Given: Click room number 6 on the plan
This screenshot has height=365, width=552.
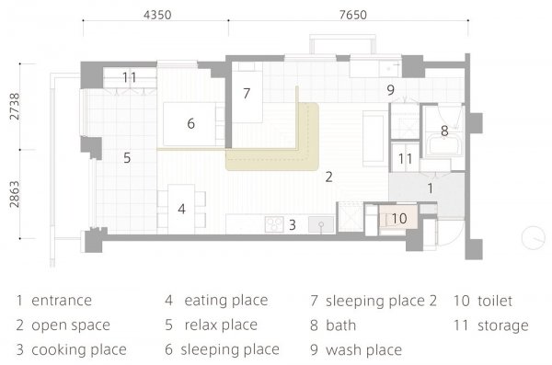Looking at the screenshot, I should point(190,123).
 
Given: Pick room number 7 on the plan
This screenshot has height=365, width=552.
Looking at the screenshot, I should point(247,93).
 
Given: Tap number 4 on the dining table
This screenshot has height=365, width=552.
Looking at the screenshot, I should point(181,209).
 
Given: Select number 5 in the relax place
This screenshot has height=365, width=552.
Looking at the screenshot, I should point(127,158).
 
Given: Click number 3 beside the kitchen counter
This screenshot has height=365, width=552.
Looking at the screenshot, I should point(292,223).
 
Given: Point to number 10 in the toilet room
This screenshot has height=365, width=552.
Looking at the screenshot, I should point(397,219).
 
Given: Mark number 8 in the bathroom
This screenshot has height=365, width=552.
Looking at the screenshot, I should point(443,131).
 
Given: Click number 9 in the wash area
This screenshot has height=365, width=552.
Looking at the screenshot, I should point(390,90).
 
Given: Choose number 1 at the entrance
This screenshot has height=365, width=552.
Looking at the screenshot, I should point(429,187).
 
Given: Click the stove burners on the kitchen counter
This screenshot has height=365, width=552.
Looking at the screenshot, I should point(273,223).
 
